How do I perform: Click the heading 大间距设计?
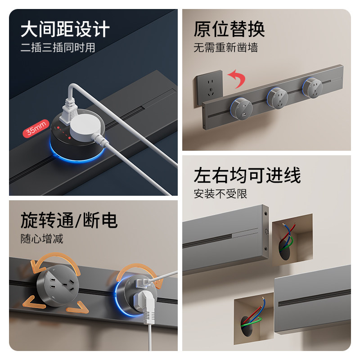[x=65, y=30]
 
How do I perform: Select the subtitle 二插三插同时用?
[x=58, y=48]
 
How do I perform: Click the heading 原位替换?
[x=229, y=29]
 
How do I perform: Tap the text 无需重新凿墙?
[x=226, y=48]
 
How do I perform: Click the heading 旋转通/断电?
[x=68, y=220]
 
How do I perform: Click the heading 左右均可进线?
[x=247, y=175]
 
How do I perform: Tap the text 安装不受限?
[x=220, y=194]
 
